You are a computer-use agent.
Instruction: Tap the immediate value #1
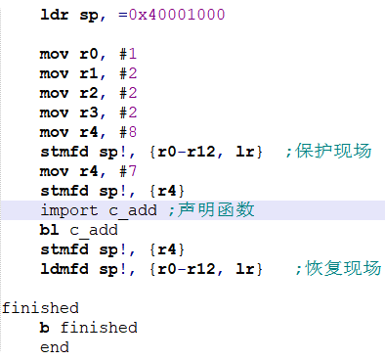point(116,55)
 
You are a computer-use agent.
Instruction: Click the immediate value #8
point(116,133)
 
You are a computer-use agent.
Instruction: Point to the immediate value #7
point(116,171)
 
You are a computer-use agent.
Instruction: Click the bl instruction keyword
point(50,230)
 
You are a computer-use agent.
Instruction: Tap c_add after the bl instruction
point(93,230)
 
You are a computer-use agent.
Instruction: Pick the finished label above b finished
point(40,308)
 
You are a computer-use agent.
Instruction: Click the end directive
point(55,346)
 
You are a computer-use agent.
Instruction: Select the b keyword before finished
point(45,328)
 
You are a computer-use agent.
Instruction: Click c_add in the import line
point(132,210)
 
